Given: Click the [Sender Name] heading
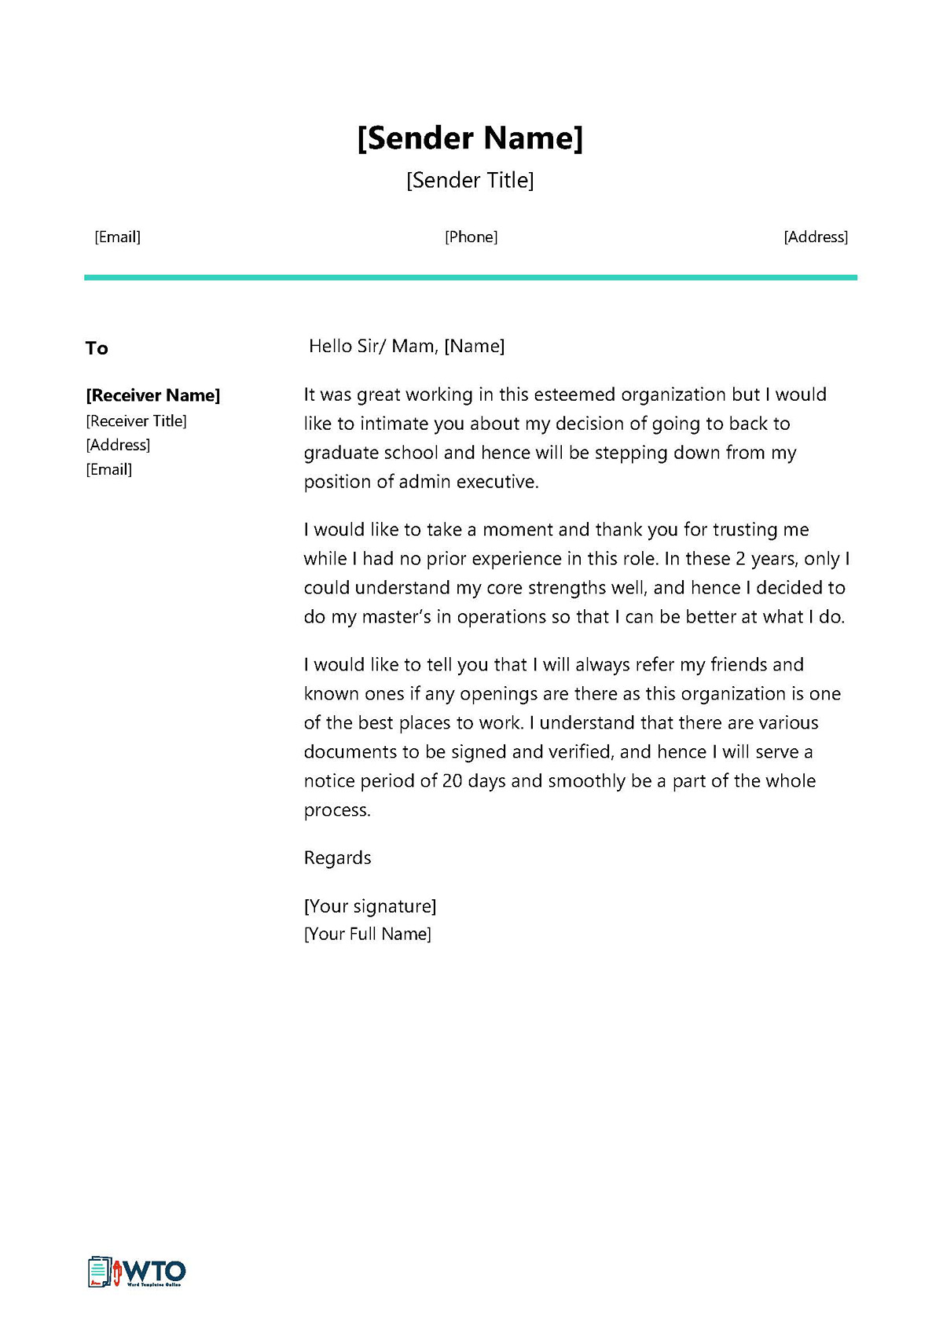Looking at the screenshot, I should [x=470, y=138].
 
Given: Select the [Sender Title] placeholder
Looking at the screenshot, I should [x=470, y=181].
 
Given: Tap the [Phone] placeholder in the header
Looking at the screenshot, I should [x=471, y=237].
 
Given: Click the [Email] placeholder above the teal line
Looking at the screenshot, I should [x=117, y=237].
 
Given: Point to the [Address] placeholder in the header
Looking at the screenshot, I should [x=816, y=237].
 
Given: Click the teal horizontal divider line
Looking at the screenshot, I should [x=470, y=277].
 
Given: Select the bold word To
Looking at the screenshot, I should [x=97, y=348].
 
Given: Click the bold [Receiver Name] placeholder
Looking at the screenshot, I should [x=152, y=395].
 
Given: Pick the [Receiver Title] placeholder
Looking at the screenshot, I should [x=136, y=421].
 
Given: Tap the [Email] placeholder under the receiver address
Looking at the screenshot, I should [x=108, y=469].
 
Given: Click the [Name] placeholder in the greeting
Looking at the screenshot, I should [x=474, y=346].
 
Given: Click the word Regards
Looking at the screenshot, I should [x=337, y=857].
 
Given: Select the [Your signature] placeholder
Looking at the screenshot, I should [x=369, y=906].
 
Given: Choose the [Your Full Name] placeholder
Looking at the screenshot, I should [x=367, y=934].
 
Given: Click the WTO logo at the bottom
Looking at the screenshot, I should [x=137, y=1271].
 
